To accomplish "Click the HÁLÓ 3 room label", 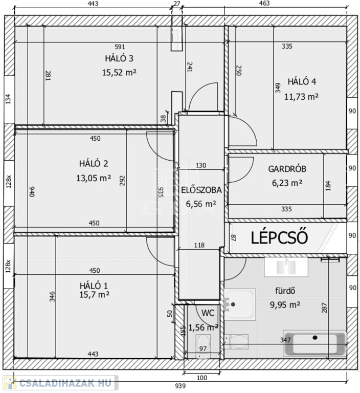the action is coord(119,58).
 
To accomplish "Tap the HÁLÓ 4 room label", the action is coord(302,82).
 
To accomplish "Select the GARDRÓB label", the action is coord(287,169).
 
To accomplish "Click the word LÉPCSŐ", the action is coord(279,237).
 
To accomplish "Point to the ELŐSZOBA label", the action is coord(201,190).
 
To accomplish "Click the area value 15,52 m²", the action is coord(119,73).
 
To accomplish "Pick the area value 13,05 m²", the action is coord(94,178).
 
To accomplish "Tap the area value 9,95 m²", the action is coord(285,305).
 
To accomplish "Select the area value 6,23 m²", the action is coord(287,183).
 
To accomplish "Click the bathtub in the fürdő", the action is coord(314,343).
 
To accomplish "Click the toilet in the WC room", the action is coord(203,344).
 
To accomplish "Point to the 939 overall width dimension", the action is coord(180,386).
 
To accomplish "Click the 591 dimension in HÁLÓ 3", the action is coord(120,47).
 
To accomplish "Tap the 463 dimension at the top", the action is coord(264,3).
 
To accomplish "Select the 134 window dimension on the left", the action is coord(8,99).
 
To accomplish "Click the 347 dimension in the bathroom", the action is coord(285,340).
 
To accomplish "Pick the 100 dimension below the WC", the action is coord(202,378).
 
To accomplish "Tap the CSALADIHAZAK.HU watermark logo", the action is coord(60,383).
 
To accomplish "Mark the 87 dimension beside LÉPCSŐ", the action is coord(234,238).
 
